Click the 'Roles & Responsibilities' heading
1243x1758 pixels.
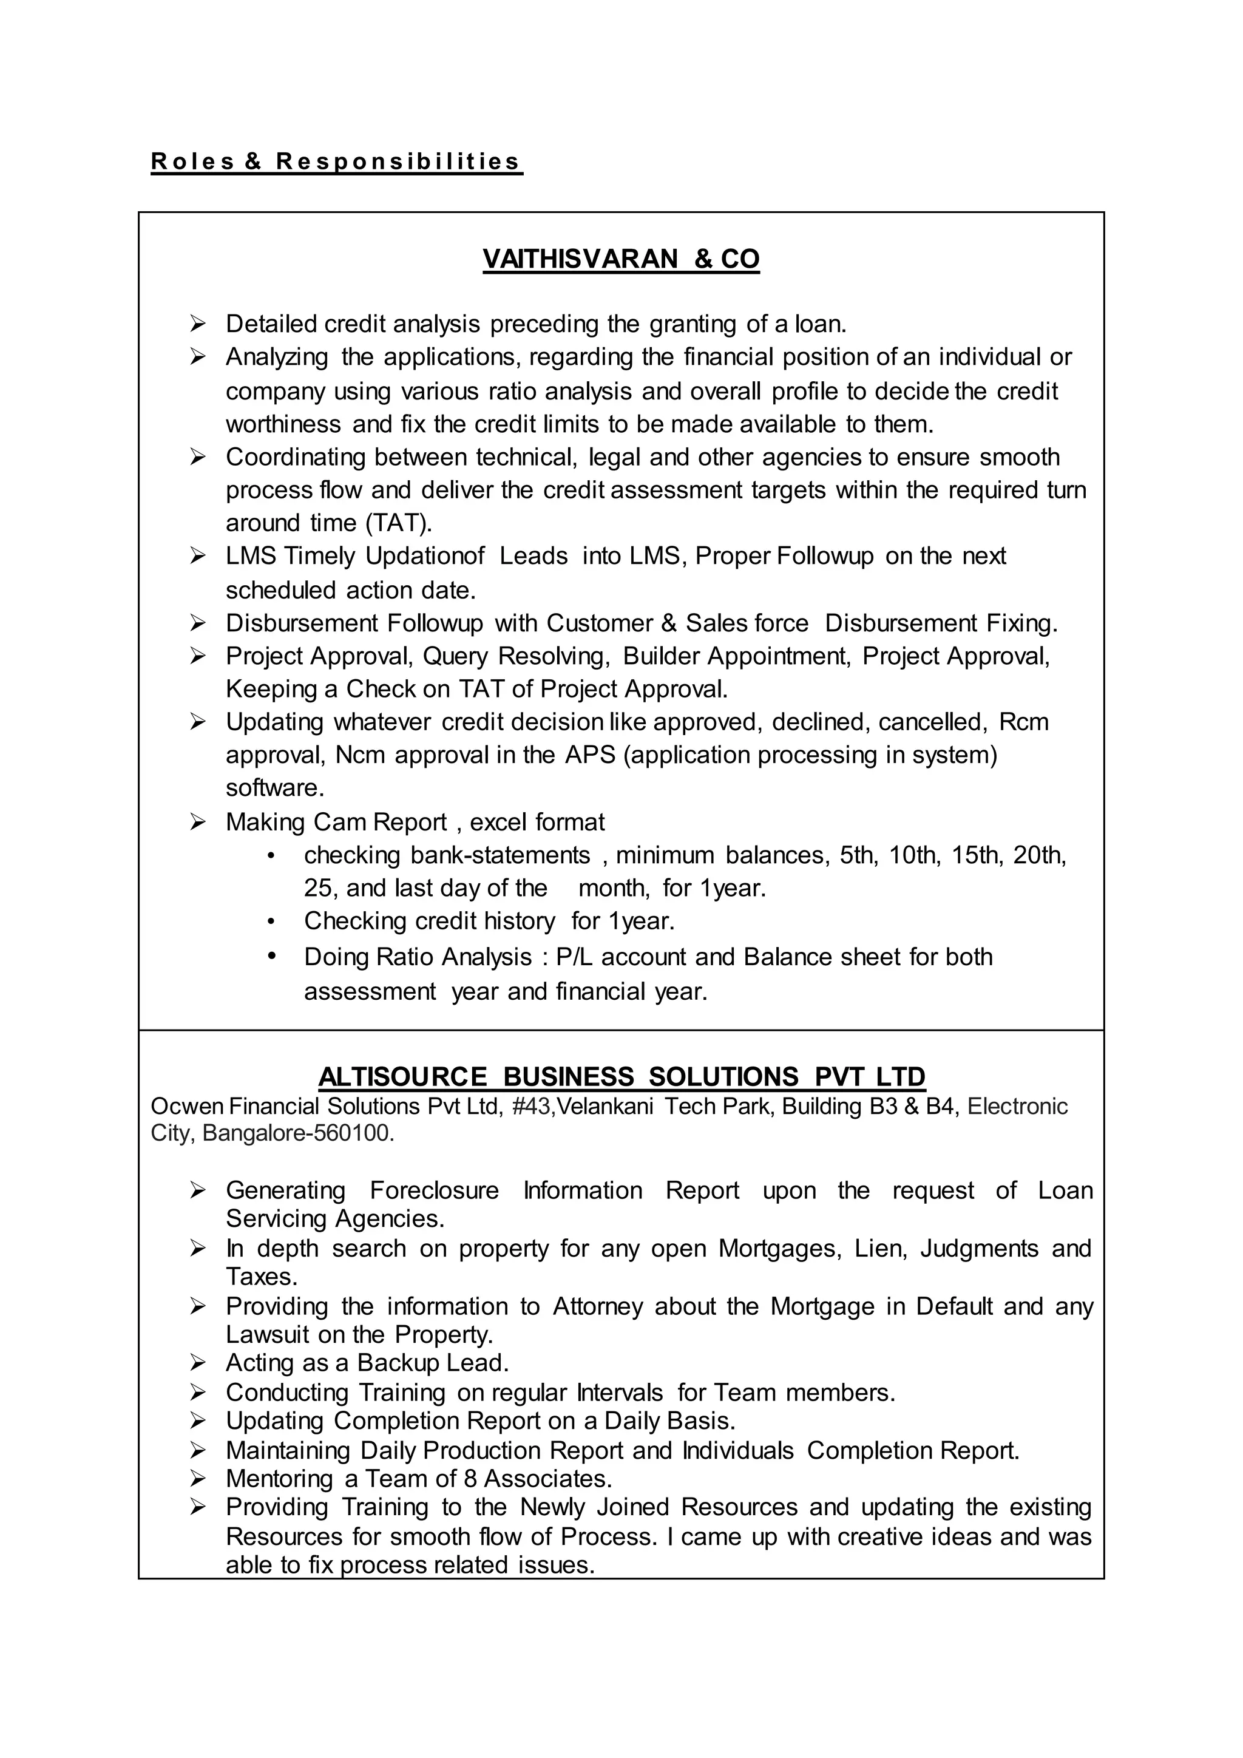click(x=336, y=161)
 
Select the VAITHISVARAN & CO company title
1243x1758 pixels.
click(x=621, y=260)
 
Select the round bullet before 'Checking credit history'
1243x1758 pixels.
click(x=271, y=921)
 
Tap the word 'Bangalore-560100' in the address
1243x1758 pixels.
click(x=299, y=1133)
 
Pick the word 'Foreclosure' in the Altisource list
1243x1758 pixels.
click(x=434, y=1190)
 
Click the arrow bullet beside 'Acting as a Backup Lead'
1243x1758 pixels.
click(x=197, y=1363)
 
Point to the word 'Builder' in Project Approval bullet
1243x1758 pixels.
click(x=660, y=656)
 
